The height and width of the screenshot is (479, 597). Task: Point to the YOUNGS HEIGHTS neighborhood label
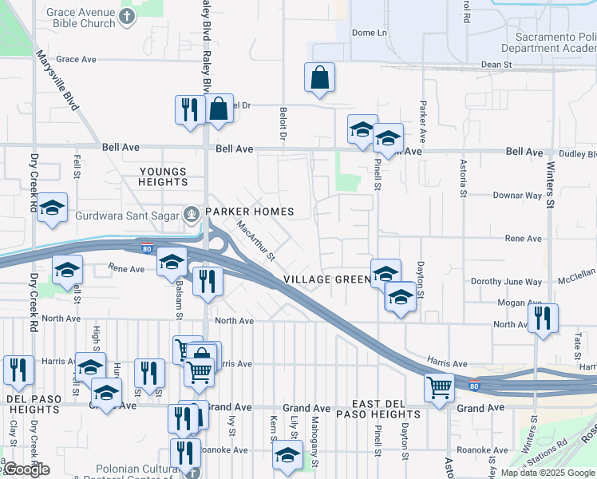163,177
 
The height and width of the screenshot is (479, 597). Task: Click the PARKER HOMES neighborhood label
250,212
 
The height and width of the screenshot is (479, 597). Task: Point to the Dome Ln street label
369,33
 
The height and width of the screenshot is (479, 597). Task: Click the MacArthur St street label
255,240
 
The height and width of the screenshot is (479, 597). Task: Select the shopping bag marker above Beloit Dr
319,78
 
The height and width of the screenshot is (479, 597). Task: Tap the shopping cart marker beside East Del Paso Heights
439,388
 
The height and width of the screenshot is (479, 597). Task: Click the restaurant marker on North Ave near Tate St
543,318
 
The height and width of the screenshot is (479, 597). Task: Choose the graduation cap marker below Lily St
287,457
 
